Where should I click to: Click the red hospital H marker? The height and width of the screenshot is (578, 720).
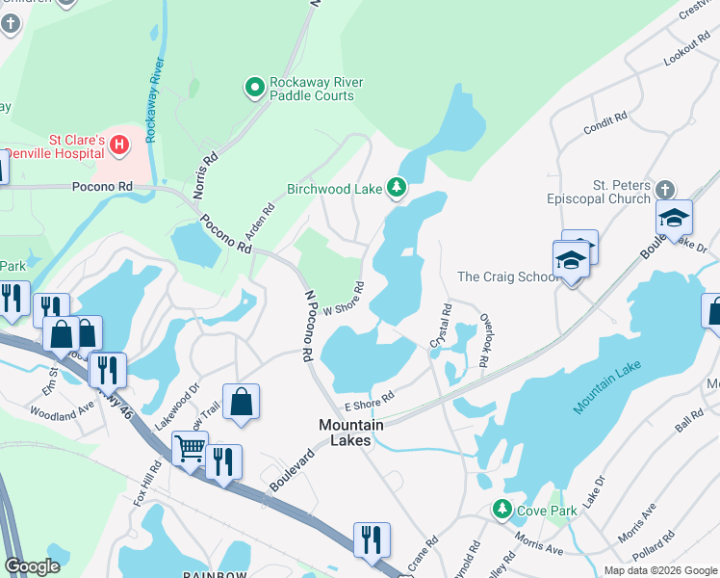click(119, 145)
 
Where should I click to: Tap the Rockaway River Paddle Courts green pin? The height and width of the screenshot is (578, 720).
click(255, 89)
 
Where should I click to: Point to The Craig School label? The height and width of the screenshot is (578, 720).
click(505, 276)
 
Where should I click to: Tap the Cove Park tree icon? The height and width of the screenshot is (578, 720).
click(501, 509)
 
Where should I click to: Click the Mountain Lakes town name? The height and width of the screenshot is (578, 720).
click(351, 433)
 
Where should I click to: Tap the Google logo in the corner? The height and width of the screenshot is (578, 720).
click(33, 566)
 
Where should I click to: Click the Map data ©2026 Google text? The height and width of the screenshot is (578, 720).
click(659, 570)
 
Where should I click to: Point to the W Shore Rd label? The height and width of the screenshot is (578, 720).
click(344, 299)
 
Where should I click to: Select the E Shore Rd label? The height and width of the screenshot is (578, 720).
click(370, 399)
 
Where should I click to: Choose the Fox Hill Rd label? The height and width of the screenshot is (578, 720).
click(149, 481)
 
